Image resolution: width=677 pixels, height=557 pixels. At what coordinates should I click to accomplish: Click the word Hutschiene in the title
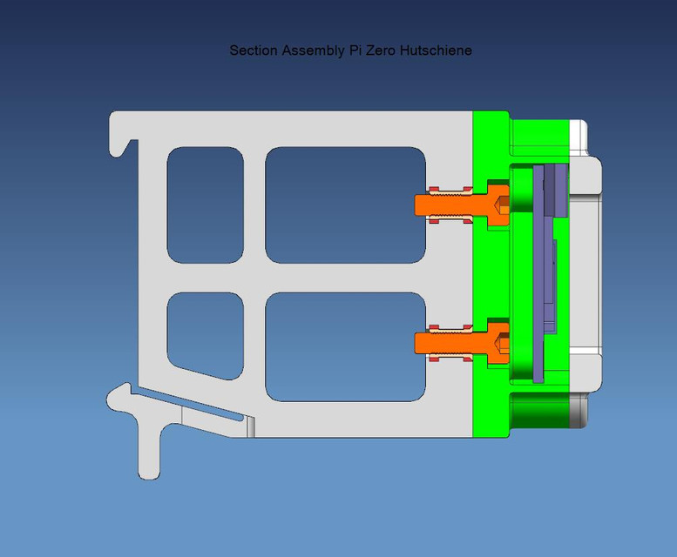pos(436,50)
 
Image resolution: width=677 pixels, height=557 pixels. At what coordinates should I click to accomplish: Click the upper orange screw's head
pos(498,205)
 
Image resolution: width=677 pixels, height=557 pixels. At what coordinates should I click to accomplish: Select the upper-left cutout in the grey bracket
pos(205,205)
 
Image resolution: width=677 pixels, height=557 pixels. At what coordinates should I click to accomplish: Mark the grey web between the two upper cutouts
pos(254,205)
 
